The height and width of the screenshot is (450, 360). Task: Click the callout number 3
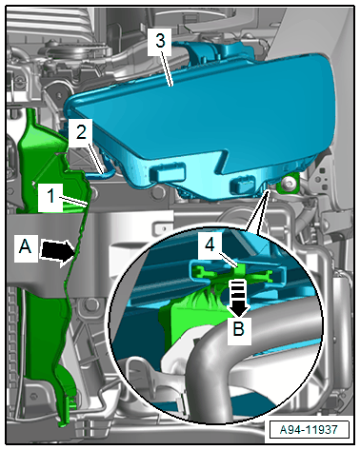[160, 41]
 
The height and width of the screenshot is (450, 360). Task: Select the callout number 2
[81, 131]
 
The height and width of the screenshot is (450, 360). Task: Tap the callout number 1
[50, 196]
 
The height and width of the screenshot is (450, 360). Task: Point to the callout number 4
[210, 245]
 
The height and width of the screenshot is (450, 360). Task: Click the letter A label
[26, 246]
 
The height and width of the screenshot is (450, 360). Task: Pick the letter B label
[239, 329]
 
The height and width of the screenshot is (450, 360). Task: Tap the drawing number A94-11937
[309, 430]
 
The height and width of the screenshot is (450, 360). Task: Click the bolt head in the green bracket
[289, 183]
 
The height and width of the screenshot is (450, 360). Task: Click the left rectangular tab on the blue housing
[167, 172]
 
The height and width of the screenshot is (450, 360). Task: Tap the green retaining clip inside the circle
[235, 274]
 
